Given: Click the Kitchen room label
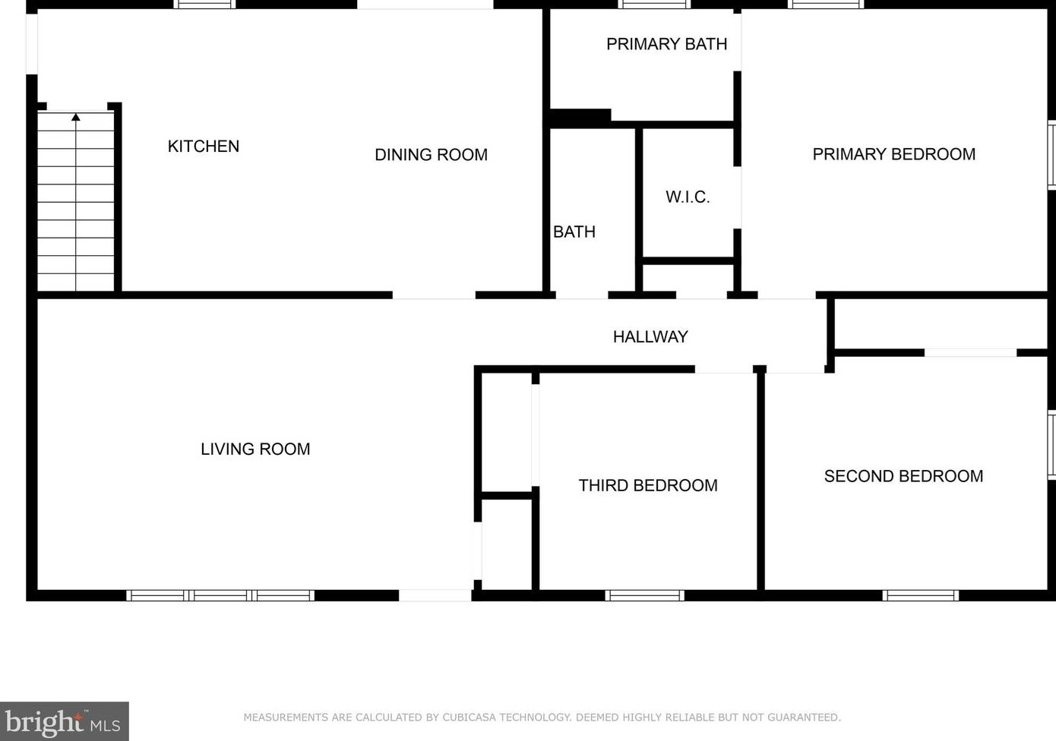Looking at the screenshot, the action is click(204, 147).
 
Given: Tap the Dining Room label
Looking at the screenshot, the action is click(431, 155).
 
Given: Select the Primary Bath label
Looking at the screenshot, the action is click(666, 44).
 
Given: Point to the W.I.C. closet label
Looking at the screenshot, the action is click(688, 197).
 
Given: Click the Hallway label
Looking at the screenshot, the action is click(650, 337).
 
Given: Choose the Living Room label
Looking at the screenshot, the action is click(255, 449).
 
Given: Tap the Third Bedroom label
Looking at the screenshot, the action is click(648, 485).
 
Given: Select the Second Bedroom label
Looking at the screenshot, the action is click(903, 476).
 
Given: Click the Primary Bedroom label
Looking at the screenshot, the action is click(894, 155).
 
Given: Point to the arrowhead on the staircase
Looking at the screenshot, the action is click(76, 117).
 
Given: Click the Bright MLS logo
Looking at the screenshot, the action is click(64, 721).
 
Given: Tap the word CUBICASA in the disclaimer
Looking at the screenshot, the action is click(469, 717).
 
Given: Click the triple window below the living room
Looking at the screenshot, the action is click(220, 595).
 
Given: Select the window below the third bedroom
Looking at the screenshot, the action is click(644, 595).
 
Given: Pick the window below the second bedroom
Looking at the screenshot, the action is click(920, 595).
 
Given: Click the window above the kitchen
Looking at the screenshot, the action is click(204, 5).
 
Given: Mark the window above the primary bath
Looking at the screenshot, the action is click(654, 5).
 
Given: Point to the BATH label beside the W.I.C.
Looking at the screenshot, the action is click(574, 232).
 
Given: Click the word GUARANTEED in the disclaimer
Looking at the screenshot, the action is click(803, 717).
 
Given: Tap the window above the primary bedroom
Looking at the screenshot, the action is click(826, 5).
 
